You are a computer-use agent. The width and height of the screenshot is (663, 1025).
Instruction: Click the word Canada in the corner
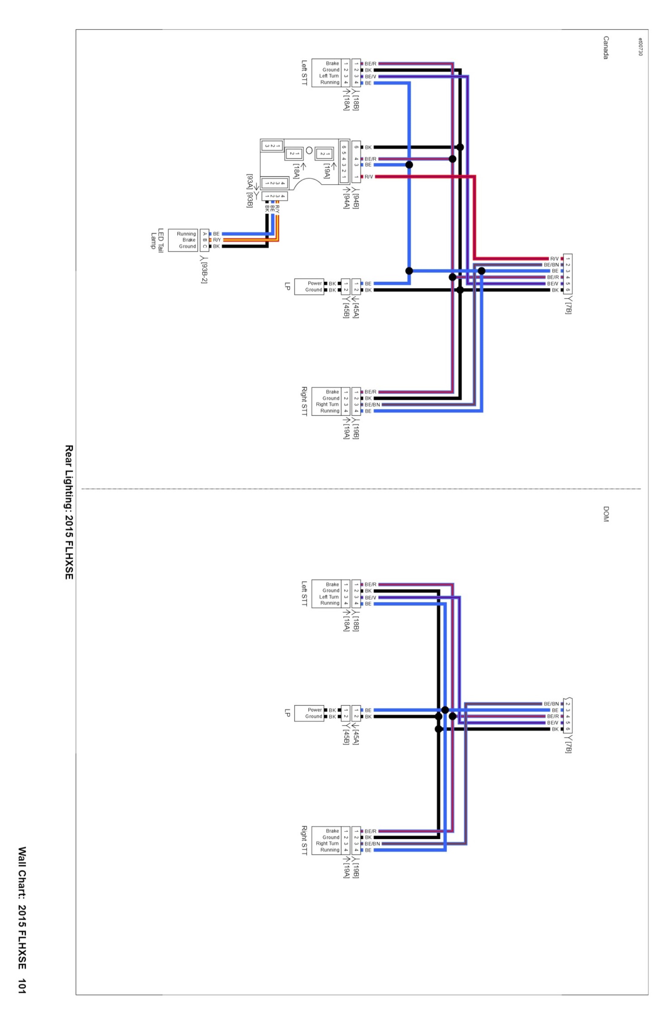[606, 47]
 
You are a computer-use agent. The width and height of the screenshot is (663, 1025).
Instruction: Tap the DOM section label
[606, 514]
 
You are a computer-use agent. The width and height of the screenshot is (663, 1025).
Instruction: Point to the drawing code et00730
[640, 47]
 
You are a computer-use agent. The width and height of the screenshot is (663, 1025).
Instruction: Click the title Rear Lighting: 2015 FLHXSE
[69, 512]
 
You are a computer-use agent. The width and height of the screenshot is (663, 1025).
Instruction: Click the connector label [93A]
[249, 182]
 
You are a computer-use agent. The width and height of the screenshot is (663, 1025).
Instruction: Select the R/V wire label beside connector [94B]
[369, 177]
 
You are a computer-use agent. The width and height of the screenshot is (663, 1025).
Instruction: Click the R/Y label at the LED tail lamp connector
[217, 240]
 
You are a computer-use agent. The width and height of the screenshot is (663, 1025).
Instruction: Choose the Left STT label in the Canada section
[304, 73]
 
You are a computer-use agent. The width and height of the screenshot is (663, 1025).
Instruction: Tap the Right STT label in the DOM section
[304, 840]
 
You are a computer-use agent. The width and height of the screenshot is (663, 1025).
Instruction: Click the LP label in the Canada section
[287, 286]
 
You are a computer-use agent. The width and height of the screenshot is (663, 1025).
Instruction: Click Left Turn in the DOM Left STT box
[329, 597]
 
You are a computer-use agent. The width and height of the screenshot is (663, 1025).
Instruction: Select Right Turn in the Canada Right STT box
[327, 404]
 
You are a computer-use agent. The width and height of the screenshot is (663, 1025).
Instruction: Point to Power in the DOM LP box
[315, 710]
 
